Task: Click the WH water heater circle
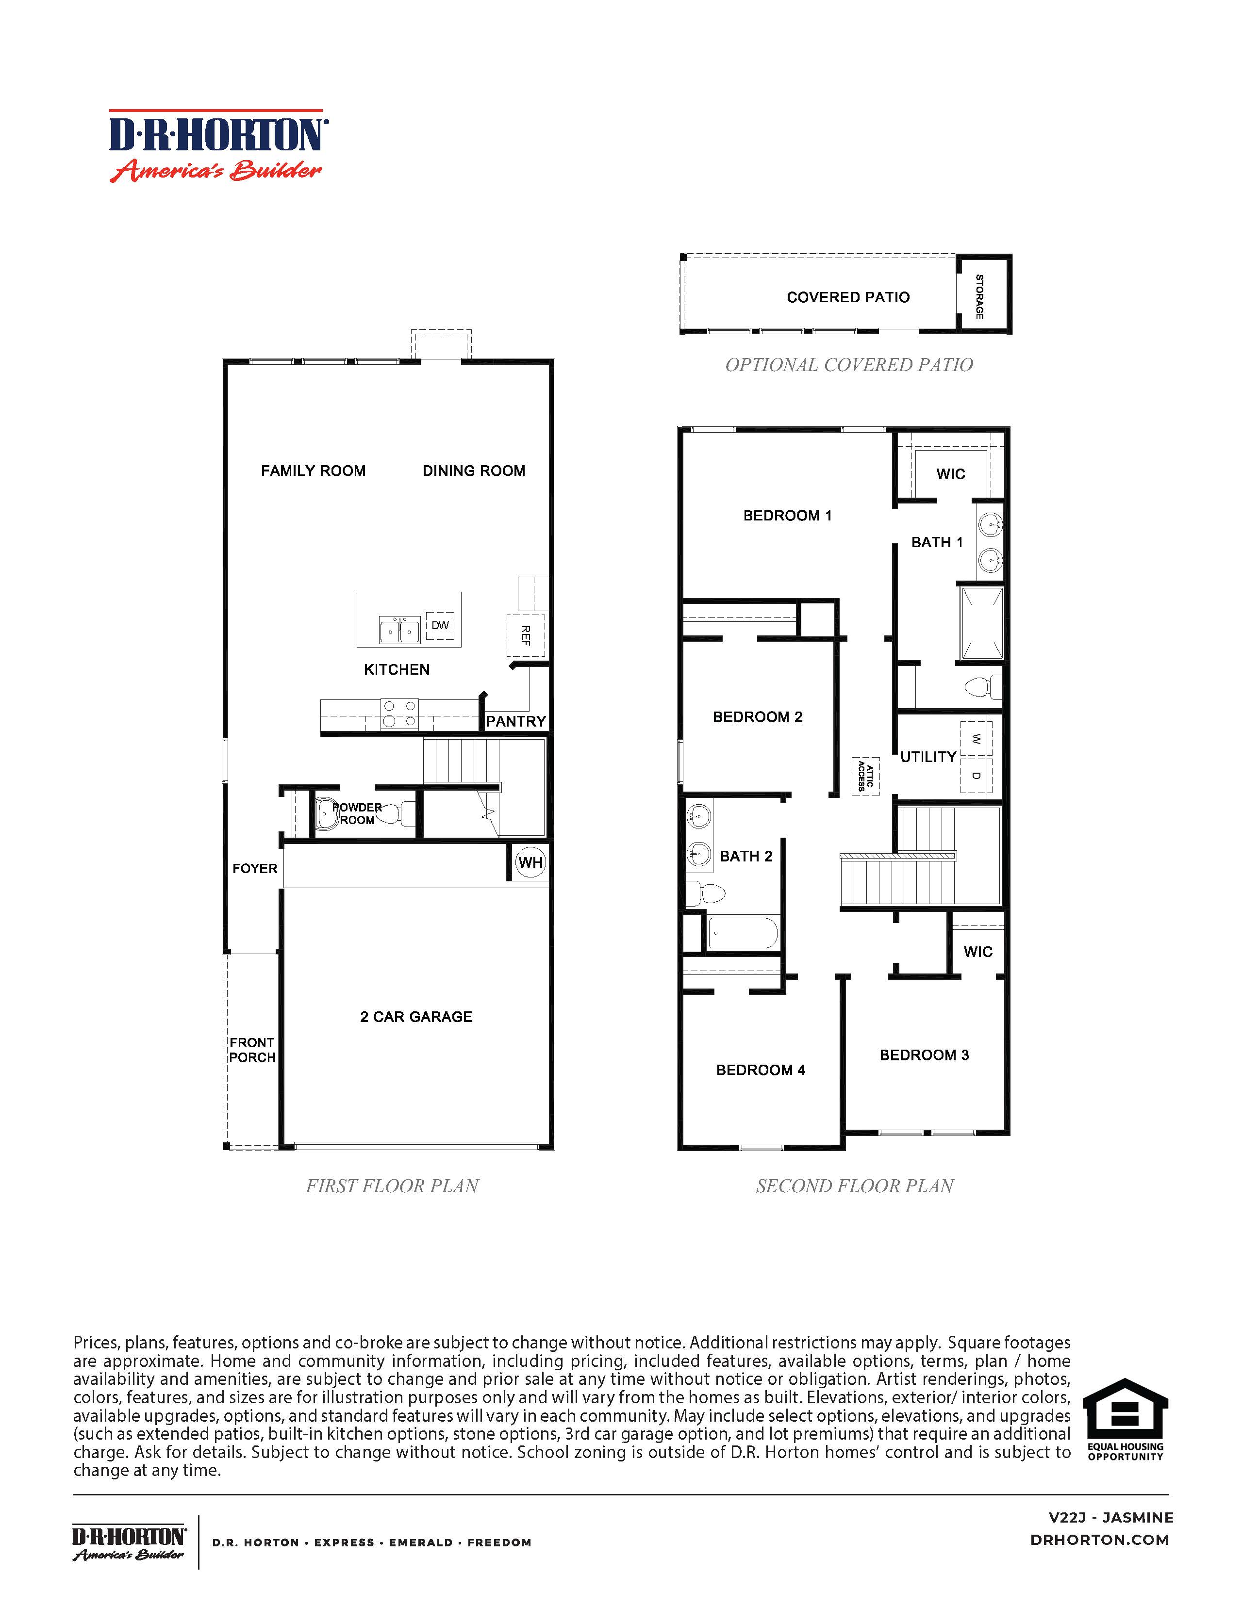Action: tap(530, 862)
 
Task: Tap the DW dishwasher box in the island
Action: tap(440, 626)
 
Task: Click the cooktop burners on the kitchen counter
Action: tap(399, 714)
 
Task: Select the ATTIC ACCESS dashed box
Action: tap(866, 776)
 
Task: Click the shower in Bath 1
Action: tap(981, 623)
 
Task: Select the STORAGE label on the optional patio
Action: tap(979, 296)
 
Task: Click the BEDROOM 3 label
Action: tap(924, 1055)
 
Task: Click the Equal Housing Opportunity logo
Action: tap(1125, 1419)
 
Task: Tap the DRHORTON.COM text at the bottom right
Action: tap(1099, 1540)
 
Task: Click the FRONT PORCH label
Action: tap(251, 1050)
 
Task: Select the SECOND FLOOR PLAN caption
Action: tap(855, 1186)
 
